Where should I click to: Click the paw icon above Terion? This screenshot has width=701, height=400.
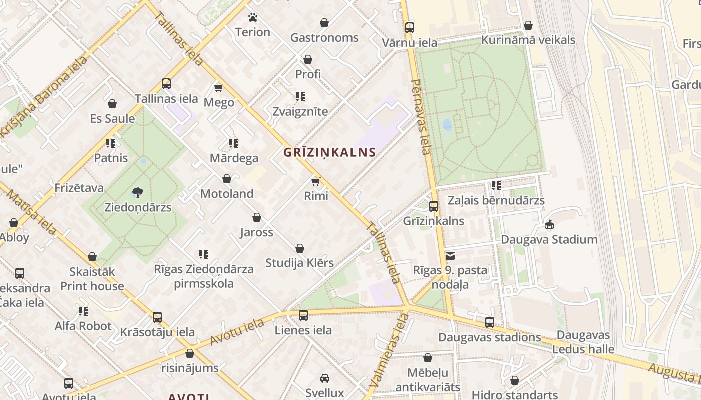click(253, 18)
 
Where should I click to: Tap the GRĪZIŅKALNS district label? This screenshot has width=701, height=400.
click(329, 152)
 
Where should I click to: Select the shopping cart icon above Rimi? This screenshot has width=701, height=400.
click(316, 181)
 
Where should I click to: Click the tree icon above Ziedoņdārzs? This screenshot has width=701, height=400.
click(138, 192)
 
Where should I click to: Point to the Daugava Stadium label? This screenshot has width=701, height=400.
click(549, 239)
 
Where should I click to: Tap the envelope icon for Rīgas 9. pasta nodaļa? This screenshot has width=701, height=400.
click(450, 256)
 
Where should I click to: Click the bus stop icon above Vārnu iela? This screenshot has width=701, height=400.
click(410, 27)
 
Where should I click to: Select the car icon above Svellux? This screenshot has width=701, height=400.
click(325, 378)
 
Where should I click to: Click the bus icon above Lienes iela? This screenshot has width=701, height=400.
click(303, 315)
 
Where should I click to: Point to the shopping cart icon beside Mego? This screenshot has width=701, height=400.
click(218, 88)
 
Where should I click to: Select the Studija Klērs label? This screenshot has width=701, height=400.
click(299, 263)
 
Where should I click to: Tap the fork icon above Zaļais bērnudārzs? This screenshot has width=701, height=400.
click(496, 186)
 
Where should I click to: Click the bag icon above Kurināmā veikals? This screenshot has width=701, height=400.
click(528, 25)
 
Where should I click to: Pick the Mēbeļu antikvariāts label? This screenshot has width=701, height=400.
click(428, 380)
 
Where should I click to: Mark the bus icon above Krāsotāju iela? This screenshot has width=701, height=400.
click(157, 317)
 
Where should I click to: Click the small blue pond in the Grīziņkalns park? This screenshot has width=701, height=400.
click(447, 125)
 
